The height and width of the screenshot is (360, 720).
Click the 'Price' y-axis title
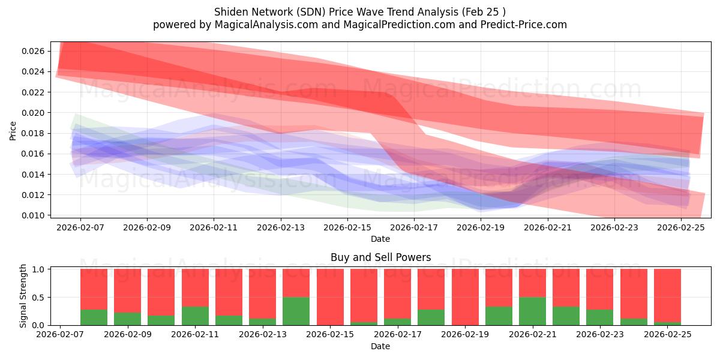[13, 130]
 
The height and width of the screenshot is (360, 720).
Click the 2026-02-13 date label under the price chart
[281, 228]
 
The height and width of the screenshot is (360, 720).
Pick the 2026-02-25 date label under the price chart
[682, 228]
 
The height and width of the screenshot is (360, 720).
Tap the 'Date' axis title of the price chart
[380, 239]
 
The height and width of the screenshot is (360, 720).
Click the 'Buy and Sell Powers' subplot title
[380, 257]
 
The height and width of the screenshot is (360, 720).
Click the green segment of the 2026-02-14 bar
[296, 311]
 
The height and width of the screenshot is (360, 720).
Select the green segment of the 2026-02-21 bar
[532, 311]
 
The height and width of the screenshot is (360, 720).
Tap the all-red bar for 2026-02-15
[330, 297]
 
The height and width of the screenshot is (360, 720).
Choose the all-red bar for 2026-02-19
[465, 297]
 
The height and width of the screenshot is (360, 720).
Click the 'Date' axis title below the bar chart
[380, 346]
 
